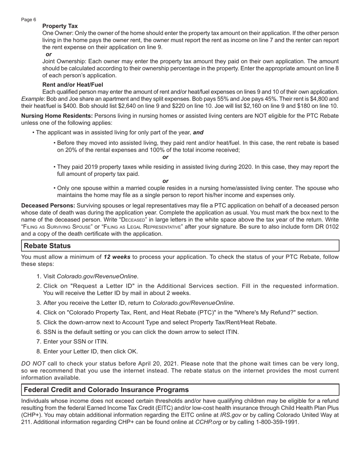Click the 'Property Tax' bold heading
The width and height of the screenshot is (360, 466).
point(60,26)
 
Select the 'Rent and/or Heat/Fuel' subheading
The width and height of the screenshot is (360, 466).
point(73,85)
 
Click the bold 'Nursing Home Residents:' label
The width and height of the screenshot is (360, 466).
point(57,116)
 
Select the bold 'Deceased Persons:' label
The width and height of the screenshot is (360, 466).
point(48,206)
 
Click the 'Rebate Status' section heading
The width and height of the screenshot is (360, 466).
point(47,246)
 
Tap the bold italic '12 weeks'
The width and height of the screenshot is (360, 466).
point(117,257)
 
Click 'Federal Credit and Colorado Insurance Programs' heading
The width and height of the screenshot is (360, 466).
point(106,390)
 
